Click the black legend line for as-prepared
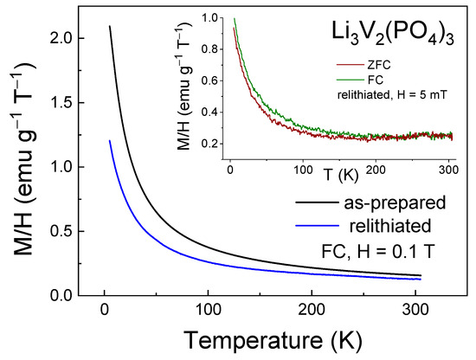pyautogui.click(x=267, y=207)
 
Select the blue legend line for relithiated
pyautogui.click(x=267, y=228)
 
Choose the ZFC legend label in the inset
pyautogui.click(x=370, y=61)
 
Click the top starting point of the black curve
pyautogui.click(x=109, y=26)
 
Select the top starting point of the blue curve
pyautogui.click(x=109, y=140)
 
